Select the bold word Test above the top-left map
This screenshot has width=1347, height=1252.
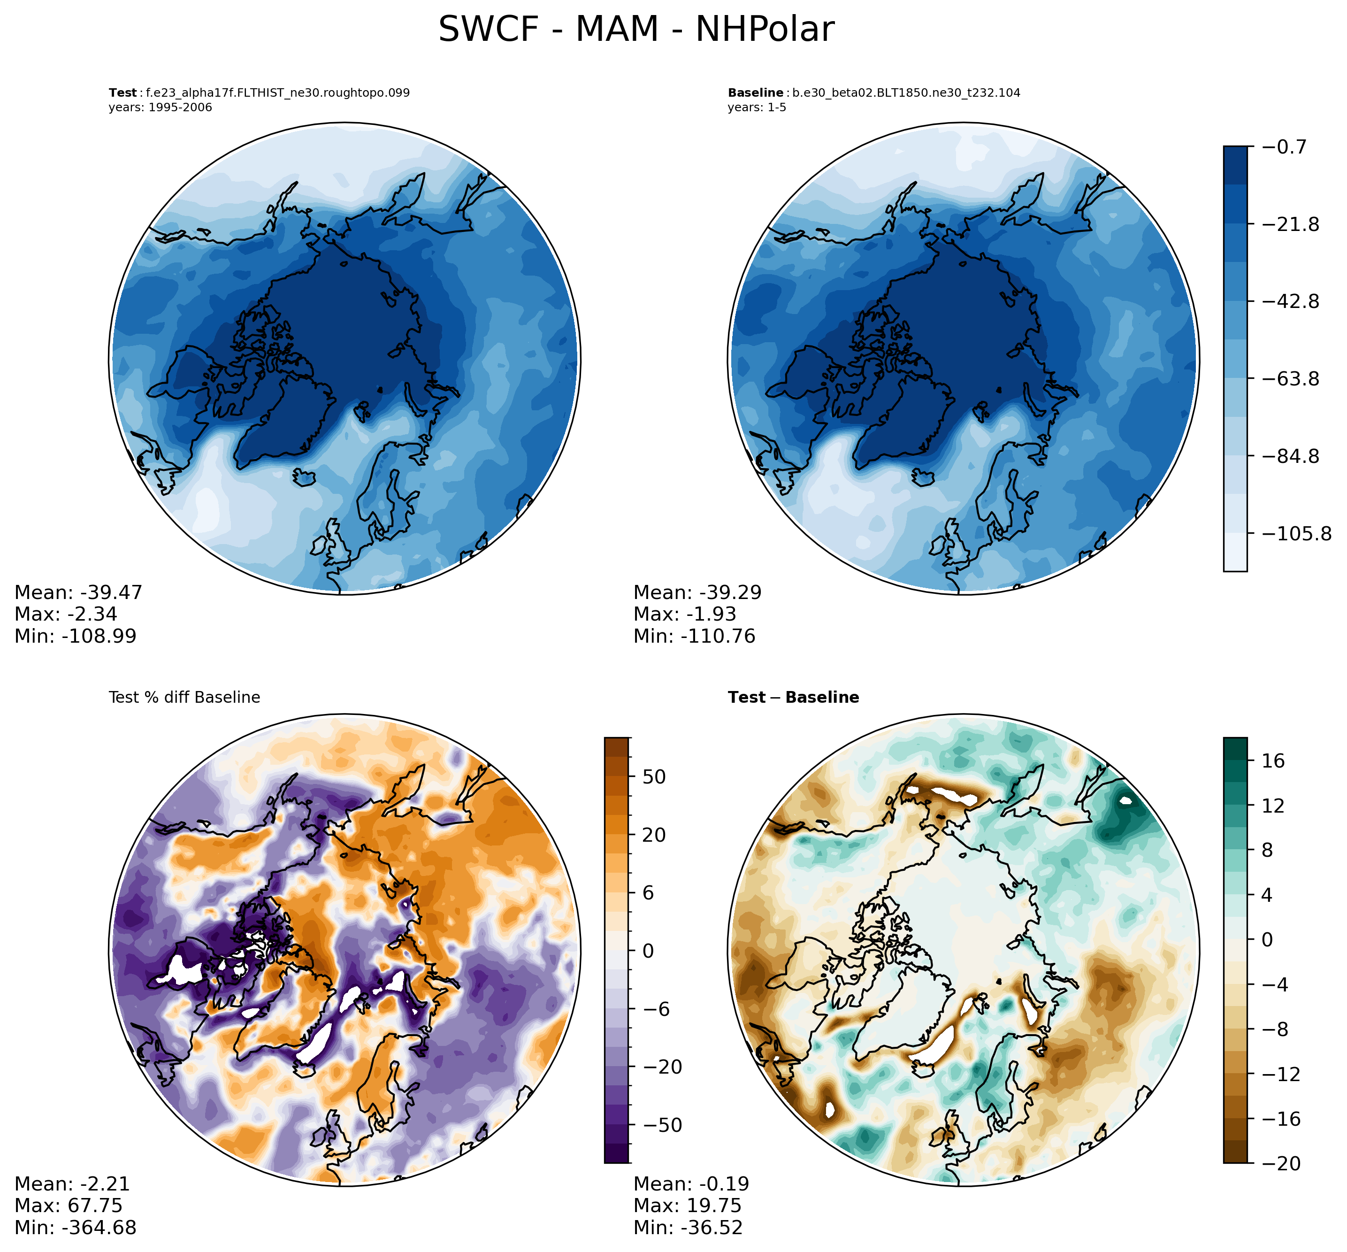pyautogui.click(x=122, y=93)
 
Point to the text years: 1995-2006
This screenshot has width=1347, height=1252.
pyautogui.click(x=160, y=108)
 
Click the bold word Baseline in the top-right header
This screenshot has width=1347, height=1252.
pyautogui.click(x=755, y=93)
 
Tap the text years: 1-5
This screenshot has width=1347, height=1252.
pyautogui.click(x=757, y=108)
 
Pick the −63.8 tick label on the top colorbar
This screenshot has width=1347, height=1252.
pyautogui.click(x=1291, y=379)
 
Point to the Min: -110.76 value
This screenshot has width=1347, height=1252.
pyautogui.click(x=694, y=636)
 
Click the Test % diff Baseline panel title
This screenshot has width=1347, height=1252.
pyautogui.click(x=184, y=697)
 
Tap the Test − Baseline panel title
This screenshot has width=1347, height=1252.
pyautogui.click(x=793, y=697)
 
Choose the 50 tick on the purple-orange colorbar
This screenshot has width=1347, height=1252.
pyautogui.click(x=653, y=777)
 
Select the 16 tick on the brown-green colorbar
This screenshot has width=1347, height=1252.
pyautogui.click(x=1273, y=761)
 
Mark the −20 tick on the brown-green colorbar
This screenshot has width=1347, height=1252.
pyautogui.click(x=1281, y=1164)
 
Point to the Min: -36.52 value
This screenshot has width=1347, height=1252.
pyautogui.click(x=688, y=1228)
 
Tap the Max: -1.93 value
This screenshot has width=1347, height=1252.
pyautogui.click(x=684, y=614)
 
